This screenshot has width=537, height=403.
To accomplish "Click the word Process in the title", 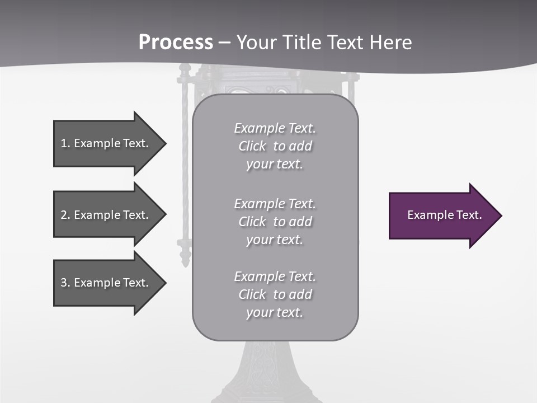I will point(176,43).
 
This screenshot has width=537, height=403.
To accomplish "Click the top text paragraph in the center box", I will point(275,146).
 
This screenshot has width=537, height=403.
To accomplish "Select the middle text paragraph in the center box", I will point(275,222).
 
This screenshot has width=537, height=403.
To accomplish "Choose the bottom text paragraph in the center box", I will point(275,294).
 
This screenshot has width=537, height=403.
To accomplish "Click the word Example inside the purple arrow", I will point(426,215).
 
